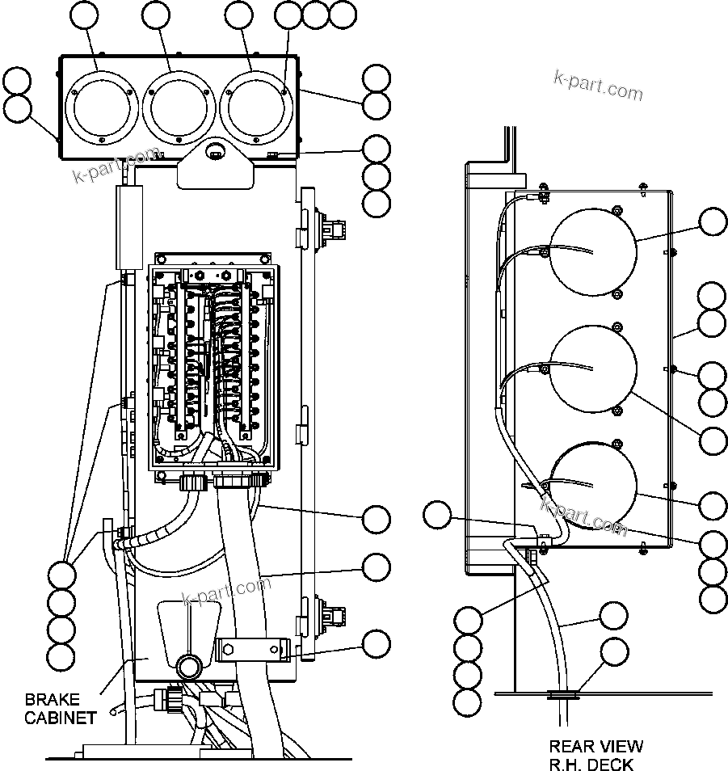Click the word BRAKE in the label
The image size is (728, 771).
click(x=53, y=699)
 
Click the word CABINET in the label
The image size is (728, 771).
click(x=61, y=717)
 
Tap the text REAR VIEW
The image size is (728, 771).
click(x=596, y=747)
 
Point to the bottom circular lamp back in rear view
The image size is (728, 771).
click(x=593, y=483)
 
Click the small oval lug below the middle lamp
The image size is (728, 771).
click(x=215, y=150)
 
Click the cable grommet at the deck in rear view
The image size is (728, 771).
click(x=564, y=693)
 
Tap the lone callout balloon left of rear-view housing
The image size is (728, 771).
click(x=438, y=515)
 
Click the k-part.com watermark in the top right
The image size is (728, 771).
click(x=598, y=85)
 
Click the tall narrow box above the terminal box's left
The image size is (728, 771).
click(x=128, y=226)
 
